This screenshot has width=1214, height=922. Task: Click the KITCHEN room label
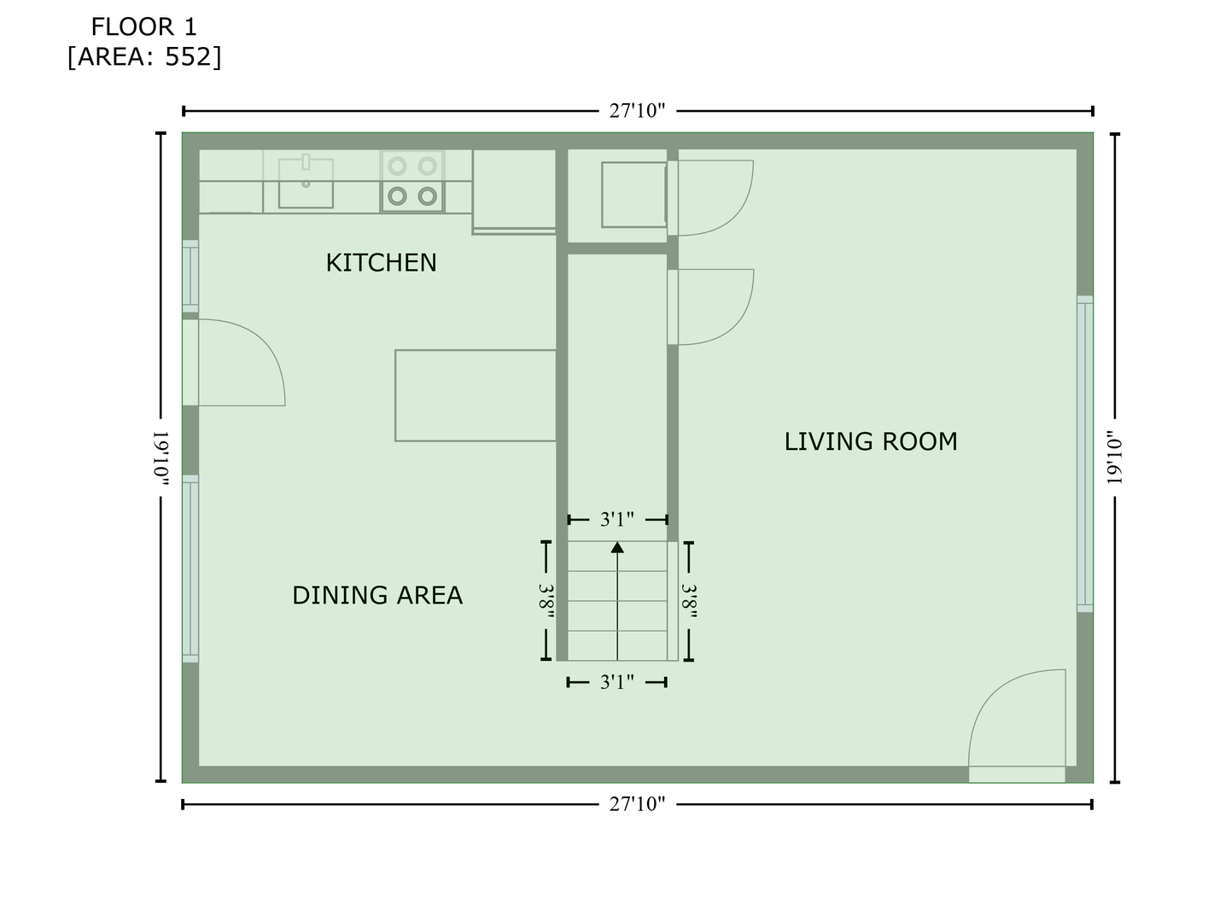coord(381,263)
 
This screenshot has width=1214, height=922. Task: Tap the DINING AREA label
coord(377,595)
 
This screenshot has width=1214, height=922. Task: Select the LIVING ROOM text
coord(871,441)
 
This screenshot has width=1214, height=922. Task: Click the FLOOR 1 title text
coord(143,27)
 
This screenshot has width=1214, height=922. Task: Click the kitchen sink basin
coord(306,183)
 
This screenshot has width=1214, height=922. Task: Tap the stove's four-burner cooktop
coord(412,181)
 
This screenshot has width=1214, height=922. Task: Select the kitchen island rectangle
coord(476,395)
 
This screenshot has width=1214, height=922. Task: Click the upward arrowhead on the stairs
coord(617,547)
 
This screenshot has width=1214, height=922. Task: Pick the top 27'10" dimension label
coord(637,111)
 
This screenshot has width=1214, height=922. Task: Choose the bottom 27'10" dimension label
coord(637,804)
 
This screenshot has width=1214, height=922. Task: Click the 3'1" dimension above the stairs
coord(617,520)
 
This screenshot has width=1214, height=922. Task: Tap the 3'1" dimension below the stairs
coord(617,682)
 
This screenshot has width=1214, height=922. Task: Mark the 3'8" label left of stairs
coord(546,601)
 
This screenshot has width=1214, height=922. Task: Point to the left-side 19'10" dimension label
coord(161,458)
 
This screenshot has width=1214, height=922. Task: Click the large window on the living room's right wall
coord(1084,454)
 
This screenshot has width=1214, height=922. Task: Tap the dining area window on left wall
coord(190,569)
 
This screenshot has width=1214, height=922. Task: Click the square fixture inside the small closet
coord(633,195)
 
